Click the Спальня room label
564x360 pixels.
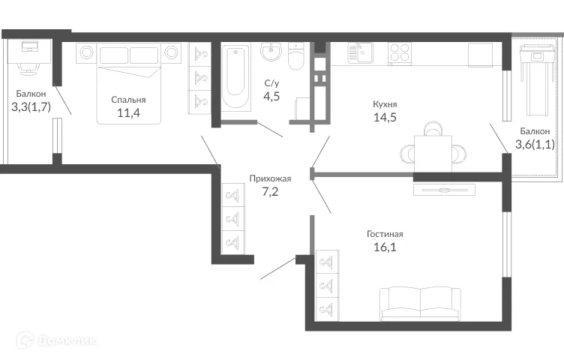pos(128,100)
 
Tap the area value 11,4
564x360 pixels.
pos(128,114)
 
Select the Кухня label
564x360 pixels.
pos(385,103)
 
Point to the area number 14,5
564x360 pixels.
pos(385,118)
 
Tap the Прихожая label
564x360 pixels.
pos(270,178)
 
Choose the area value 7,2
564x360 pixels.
pos(270,193)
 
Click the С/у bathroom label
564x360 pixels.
pos(272,82)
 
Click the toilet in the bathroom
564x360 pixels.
pos(296,57)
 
